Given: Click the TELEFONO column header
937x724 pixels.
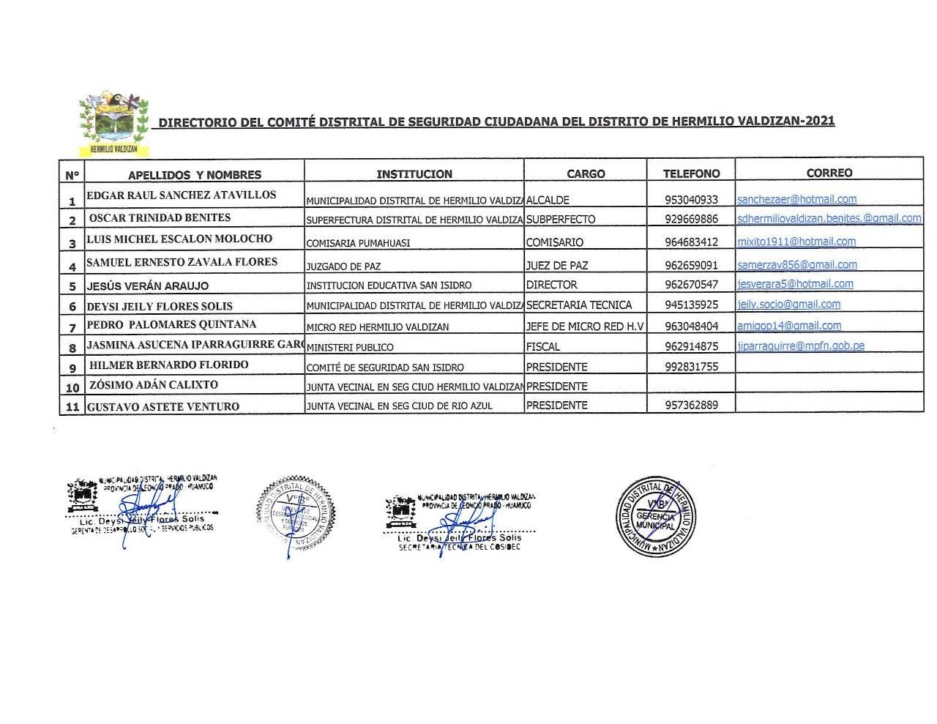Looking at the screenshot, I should (x=691, y=173).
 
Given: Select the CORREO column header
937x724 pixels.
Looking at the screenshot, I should (x=829, y=173).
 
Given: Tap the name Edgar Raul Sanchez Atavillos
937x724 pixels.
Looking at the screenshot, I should (x=182, y=195).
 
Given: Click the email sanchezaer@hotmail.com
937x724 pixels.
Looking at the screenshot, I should (x=796, y=199).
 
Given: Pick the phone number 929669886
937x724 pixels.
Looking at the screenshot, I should (x=692, y=219).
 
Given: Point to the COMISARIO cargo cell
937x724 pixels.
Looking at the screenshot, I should (x=555, y=242).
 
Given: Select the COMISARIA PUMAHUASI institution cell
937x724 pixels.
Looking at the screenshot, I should (x=358, y=243).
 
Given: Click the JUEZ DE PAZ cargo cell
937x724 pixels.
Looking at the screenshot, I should (x=557, y=266).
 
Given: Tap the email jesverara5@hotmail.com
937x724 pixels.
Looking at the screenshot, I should (x=795, y=284).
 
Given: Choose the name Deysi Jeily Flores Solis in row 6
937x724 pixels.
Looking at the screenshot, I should (x=160, y=306).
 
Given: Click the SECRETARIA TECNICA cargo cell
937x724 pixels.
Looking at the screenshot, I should (x=578, y=305).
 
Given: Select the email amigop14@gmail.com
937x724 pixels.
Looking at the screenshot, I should (x=789, y=326).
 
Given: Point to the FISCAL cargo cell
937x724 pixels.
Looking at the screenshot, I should (x=543, y=347).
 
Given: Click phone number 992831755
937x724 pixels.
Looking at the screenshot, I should (x=692, y=367).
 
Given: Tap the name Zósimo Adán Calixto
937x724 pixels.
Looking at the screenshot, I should (x=153, y=385).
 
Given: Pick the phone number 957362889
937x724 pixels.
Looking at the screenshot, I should (x=692, y=405).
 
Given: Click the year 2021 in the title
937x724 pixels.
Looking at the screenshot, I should (x=819, y=122).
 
